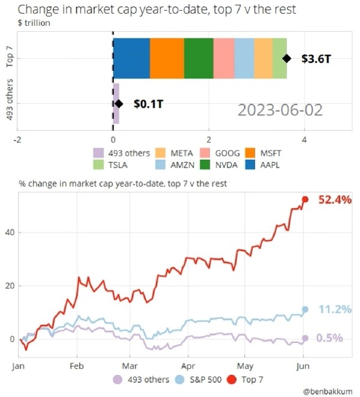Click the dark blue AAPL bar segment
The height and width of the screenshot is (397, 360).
click(131, 58)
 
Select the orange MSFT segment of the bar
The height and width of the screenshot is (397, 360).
click(167, 58)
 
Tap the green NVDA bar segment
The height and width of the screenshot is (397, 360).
click(199, 58)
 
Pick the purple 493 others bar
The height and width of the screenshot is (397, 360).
click(116, 103)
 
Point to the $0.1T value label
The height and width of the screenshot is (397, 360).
click(148, 105)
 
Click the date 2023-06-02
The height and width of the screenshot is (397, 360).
click(280, 110)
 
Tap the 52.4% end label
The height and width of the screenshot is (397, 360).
click(330, 199)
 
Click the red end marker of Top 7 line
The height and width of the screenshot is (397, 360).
click(305, 199)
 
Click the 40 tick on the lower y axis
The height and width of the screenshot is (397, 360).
click(10, 232)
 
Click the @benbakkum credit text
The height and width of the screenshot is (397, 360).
click(328, 391)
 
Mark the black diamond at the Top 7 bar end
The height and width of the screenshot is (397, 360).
click(287, 58)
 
